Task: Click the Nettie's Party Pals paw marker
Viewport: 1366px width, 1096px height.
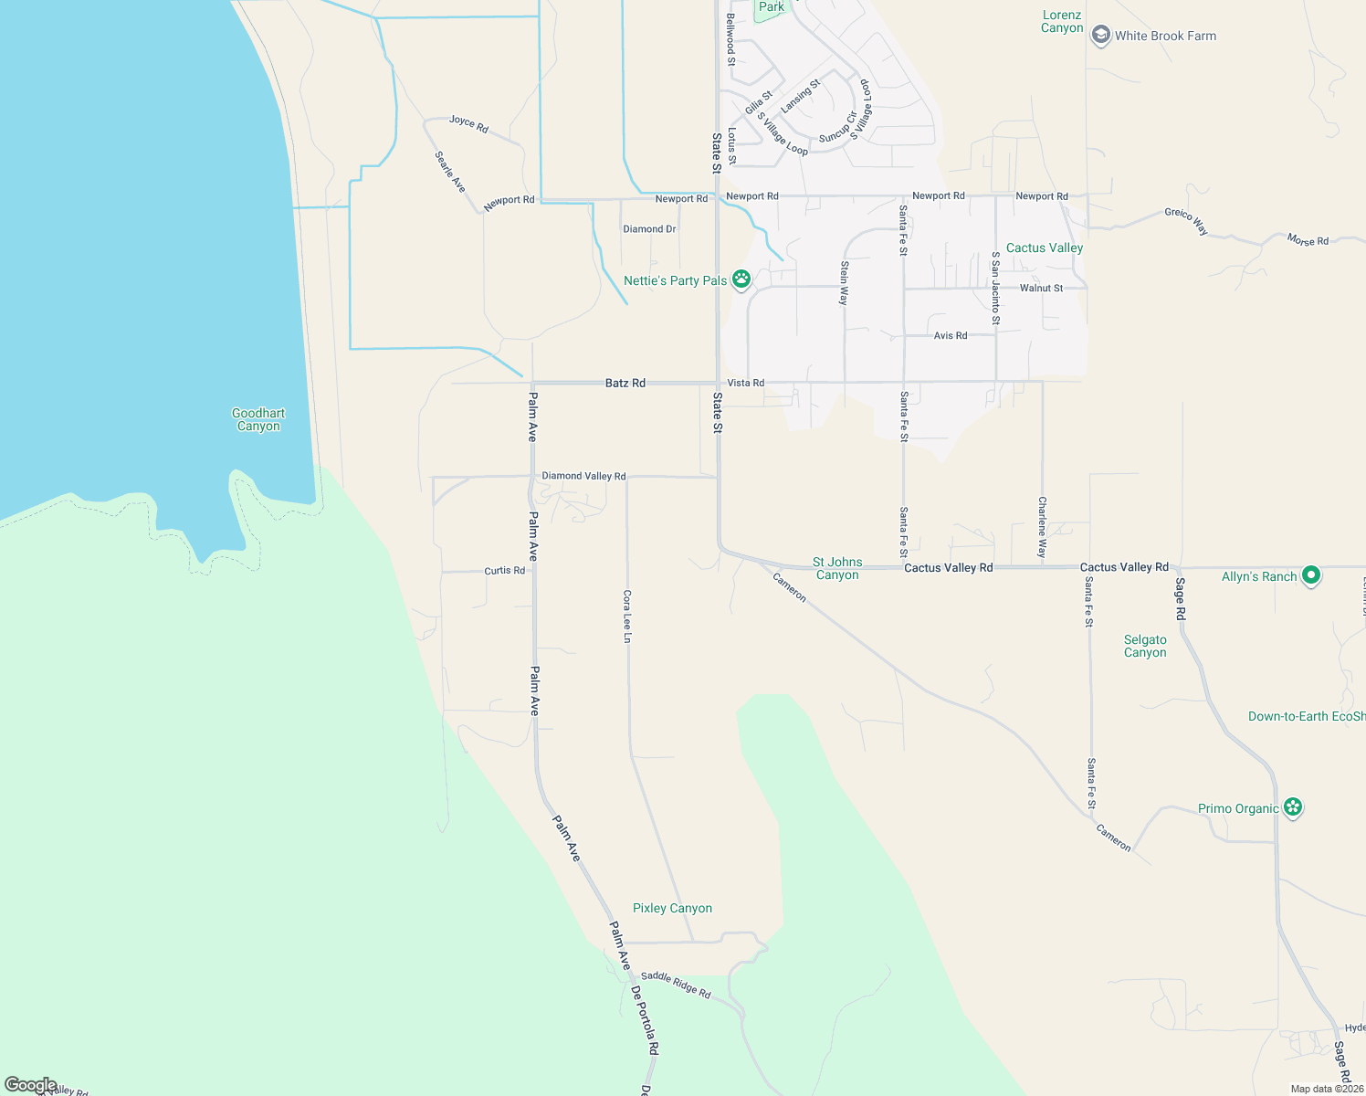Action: [x=741, y=279]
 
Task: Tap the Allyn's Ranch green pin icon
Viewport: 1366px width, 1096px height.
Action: [x=1311, y=575]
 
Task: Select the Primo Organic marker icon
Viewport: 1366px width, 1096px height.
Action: [x=1292, y=807]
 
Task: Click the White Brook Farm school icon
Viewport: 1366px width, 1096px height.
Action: [x=1101, y=36]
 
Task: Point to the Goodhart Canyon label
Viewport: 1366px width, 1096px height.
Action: [x=258, y=420]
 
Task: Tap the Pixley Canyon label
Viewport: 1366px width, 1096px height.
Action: [x=672, y=908]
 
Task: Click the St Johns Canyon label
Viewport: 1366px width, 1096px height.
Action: [x=837, y=568]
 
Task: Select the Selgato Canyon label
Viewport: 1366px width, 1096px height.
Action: [x=1145, y=647]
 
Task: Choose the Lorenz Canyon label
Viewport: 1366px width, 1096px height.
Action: [x=1062, y=21]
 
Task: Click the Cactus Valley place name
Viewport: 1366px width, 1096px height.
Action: [x=1045, y=248]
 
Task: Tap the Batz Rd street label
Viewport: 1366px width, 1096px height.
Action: [x=625, y=383]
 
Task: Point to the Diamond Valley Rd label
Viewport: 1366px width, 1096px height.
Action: [x=583, y=476]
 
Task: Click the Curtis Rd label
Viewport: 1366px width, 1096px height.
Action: [x=505, y=571]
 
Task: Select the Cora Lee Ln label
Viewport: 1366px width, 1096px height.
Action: [x=627, y=616]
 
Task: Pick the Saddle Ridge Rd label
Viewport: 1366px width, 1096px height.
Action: [x=675, y=985]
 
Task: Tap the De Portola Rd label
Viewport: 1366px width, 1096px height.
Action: [x=645, y=1020]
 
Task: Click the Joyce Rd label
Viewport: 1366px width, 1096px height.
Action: [x=469, y=123]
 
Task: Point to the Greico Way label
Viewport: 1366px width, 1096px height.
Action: [x=1186, y=221]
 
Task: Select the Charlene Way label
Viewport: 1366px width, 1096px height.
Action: [x=1042, y=527]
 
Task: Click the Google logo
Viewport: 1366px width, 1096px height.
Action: [x=31, y=1085]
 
